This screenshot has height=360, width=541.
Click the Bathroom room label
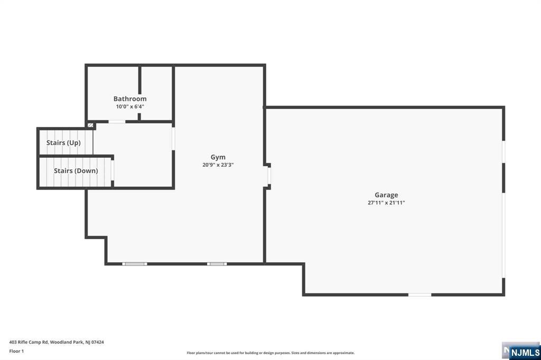click(130, 99)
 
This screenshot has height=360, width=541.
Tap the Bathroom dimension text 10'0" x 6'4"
click(130, 107)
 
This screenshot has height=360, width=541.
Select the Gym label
click(218, 157)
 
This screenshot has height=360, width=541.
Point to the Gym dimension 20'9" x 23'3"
click(218, 165)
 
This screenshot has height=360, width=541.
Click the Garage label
click(386, 195)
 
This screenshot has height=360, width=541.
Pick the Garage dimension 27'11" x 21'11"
click(386, 203)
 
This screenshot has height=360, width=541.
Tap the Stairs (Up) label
click(63, 143)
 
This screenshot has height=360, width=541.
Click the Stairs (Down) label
click(76, 171)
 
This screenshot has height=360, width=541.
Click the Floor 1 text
click(16, 350)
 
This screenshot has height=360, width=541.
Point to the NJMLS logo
click(524, 352)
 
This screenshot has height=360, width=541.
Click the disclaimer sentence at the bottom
click(270, 353)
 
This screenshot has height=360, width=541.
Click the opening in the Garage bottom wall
click(419, 295)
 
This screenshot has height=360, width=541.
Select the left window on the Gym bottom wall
click(135, 263)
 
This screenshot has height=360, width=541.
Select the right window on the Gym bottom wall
click(217, 263)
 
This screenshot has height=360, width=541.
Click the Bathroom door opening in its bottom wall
click(117, 122)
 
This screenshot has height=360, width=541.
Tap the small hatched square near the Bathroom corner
click(90, 125)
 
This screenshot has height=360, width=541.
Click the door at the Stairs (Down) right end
click(113, 172)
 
